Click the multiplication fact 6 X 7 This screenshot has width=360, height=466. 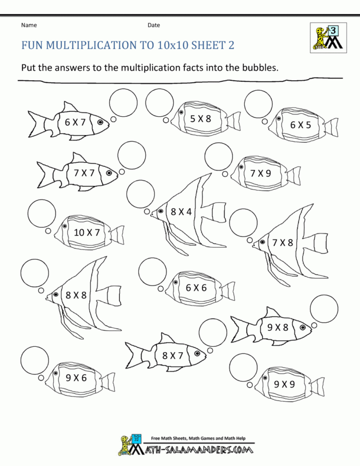click(x=75, y=123)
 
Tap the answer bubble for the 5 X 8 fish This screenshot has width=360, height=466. click(x=159, y=103)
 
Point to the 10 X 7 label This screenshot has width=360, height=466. click(x=86, y=233)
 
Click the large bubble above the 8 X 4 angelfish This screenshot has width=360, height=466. click(x=141, y=195)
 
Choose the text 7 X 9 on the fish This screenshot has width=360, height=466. click(x=261, y=173)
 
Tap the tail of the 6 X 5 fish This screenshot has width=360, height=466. click(x=331, y=128)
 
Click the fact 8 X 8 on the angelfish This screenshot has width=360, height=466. click(x=76, y=294)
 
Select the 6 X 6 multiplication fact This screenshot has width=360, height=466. click(x=196, y=287)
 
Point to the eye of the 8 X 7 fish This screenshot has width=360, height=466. click(x=197, y=354)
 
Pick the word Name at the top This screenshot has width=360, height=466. click(x=29, y=25)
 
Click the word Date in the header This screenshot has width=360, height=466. click(x=154, y=25)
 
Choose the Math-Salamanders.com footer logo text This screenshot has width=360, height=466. click(x=198, y=450)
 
